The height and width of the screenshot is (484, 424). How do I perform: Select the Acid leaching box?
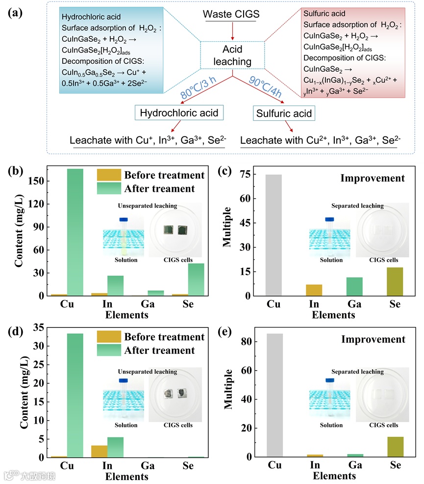(232, 55)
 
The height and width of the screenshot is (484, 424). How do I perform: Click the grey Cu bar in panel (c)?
(274, 235)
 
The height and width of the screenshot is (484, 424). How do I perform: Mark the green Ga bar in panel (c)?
(354, 287)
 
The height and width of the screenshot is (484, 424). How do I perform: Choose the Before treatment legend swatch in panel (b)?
(108, 175)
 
